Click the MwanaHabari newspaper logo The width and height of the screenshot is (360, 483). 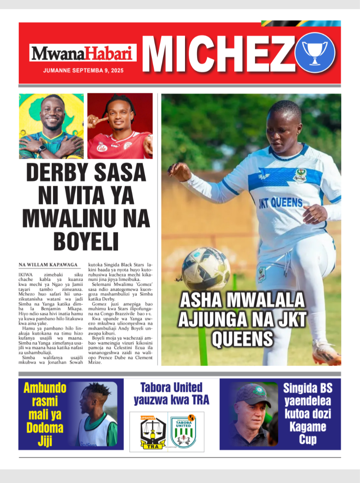point(82,53)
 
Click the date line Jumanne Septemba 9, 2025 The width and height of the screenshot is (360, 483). point(83,70)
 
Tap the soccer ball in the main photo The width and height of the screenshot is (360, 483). point(206,269)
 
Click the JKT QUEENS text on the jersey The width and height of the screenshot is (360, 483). point(280,203)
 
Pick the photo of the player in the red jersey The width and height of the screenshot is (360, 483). point(120,126)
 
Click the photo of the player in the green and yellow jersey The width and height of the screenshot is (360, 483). point(51,126)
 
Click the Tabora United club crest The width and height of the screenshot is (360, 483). point(184,431)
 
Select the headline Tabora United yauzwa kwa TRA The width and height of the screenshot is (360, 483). point(171,393)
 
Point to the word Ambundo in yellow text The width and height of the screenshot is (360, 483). point(45,388)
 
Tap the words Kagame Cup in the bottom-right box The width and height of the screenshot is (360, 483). point(307,433)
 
